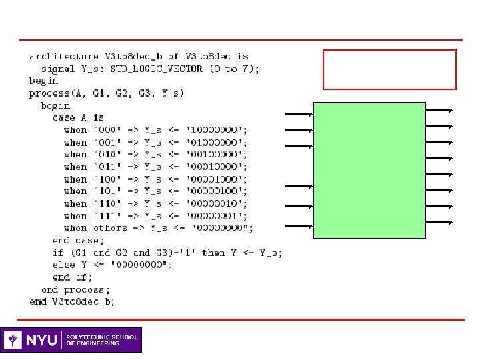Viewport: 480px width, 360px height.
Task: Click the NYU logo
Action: [33, 340]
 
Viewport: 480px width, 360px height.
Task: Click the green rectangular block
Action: [369, 170]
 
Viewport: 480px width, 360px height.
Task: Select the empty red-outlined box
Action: [389, 69]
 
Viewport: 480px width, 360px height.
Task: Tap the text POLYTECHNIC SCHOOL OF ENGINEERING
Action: [101, 340]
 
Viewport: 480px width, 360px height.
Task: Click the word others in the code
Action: [110, 228]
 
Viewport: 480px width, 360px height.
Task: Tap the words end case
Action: [71, 240]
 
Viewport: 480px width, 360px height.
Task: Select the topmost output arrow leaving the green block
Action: [440, 110]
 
